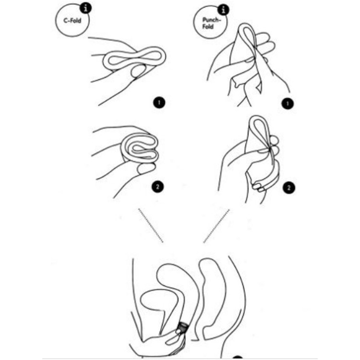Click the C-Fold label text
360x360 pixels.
click(x=72, y=21)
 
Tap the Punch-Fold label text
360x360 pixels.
click(x=211, y=23)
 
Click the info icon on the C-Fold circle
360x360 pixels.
click(x=85, y=9)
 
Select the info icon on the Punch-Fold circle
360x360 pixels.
click(x=223, y=10)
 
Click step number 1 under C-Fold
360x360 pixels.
click(x=159, y=103)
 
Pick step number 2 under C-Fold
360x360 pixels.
click(x=157, y=187)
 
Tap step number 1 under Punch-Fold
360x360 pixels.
click(x=288, y=104)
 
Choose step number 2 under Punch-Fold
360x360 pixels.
click(x=289, y=188)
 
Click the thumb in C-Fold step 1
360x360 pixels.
click(x=138, y=71)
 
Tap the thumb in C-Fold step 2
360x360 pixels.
click(x=146, y=168)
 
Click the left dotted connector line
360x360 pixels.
click(x=151, y=226)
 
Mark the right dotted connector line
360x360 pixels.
click(x=216, y=226)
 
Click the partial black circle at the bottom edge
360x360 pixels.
click(x=238, y=358)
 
